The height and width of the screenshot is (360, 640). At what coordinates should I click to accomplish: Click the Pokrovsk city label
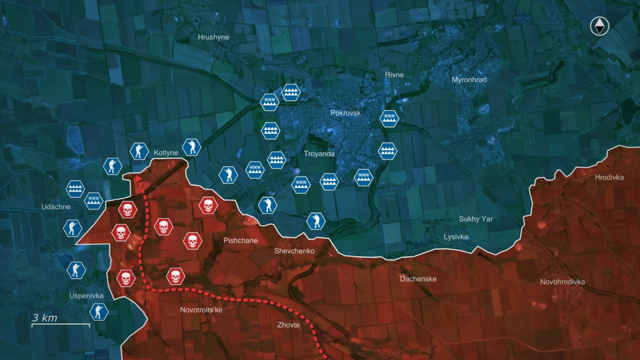coord(346,113)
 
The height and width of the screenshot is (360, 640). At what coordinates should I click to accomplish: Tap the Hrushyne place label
coord(213,37)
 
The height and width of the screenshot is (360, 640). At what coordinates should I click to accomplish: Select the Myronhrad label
coord(469,80)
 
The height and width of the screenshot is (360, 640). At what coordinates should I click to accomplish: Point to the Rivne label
coord(394,75)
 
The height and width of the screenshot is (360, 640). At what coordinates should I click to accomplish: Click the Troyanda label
coord(319,154)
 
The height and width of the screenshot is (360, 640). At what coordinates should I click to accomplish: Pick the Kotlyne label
coord(166,153)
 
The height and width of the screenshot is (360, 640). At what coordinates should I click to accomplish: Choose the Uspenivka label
coord(86,296)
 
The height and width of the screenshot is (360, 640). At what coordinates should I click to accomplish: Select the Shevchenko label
coord(294,251)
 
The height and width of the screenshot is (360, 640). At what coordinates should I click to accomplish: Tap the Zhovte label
coord(289,325)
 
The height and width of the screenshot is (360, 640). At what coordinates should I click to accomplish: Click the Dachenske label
coord(418,279)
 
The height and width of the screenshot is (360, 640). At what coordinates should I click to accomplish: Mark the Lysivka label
coord(456,237)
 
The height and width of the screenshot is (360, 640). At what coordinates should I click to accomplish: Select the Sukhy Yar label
coord(477,219)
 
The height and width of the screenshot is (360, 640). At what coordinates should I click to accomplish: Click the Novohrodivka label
coord(562,282)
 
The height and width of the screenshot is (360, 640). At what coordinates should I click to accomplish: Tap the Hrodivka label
coord(609,177)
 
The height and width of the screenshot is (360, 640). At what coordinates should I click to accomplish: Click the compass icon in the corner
coord(600,26)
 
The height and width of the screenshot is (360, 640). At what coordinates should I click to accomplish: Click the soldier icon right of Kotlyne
coord(192,147)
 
